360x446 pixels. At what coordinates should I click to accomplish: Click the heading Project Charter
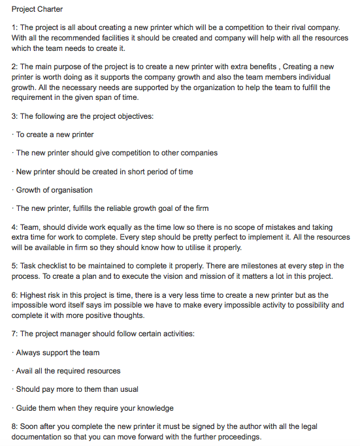tap(37, 9)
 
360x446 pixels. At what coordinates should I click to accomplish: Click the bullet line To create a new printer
tap(55, 135)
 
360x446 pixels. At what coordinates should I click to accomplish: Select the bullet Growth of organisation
tap(54, 190)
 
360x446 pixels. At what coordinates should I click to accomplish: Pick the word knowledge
tap(152, 407)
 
